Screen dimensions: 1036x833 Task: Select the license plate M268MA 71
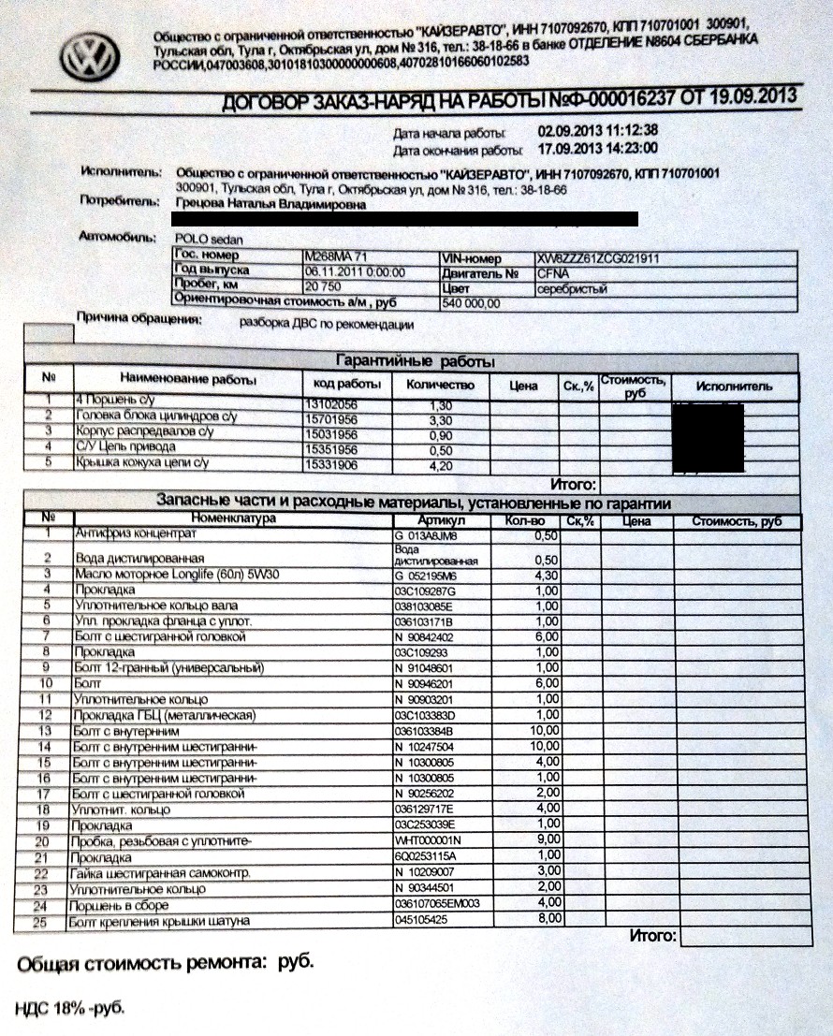point(336,255)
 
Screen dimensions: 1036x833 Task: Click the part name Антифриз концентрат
point(136,533)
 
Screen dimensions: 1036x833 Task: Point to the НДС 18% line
point(68,1008)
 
